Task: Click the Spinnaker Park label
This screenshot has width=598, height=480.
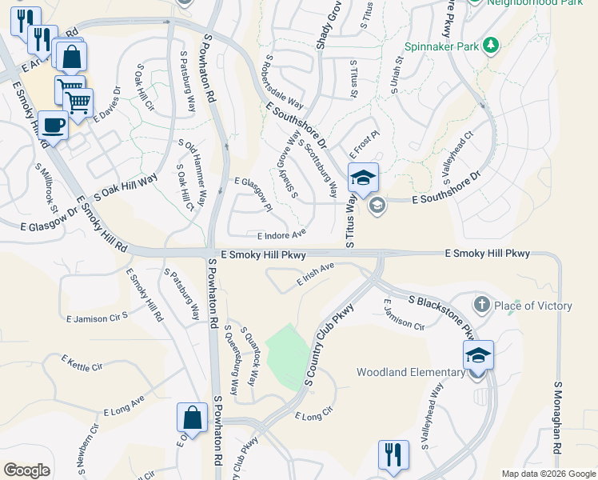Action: (450, 46)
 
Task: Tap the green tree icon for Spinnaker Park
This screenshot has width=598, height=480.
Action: (492, 46)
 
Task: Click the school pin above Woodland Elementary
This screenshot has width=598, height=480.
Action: (478, 355)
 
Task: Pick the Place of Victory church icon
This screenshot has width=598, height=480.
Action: (481, 305)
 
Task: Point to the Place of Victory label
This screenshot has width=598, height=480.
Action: (533, 306)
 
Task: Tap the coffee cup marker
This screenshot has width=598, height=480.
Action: (53, 126)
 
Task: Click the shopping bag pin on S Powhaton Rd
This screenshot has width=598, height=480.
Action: (192, 418)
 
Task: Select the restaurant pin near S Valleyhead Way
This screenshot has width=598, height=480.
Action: (393, 454)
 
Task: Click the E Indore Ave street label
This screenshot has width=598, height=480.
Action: (281, 235)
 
